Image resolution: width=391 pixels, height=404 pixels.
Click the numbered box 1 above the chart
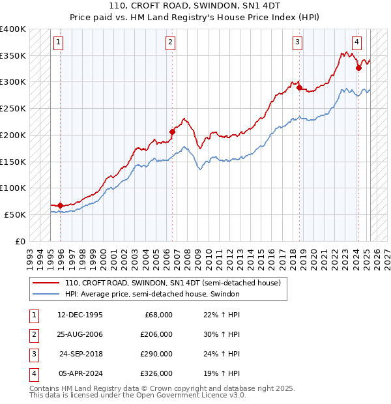(x=58, y=43)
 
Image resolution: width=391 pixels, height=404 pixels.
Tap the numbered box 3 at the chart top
(x=297, y=43)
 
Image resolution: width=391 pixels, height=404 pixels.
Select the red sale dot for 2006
(x=173, y=132)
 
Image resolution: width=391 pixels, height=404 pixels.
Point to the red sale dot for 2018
(x=299, y=87)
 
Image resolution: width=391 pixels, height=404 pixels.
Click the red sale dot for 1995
(x=61, y=205)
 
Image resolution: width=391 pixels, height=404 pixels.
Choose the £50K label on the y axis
(x=16, y=214)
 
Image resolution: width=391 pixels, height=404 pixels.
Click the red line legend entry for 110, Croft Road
(x=173, y=283)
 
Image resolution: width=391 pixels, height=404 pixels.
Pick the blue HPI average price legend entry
(x=152, y=294)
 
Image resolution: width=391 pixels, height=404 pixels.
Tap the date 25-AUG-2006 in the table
(x=80, y=335)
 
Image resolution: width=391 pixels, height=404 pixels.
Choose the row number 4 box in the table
(x=33, y=373)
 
